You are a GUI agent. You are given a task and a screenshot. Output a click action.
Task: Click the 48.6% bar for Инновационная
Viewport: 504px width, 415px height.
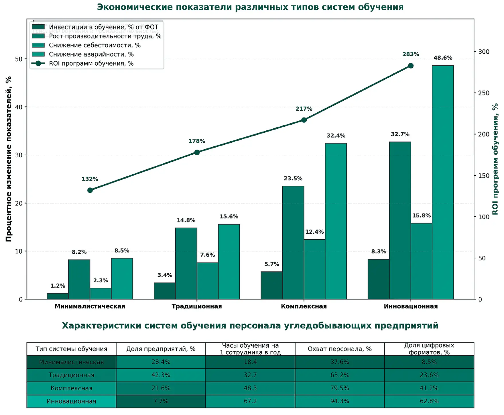click(443, 182)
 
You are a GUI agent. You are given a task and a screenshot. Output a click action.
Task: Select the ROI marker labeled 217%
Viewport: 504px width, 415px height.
click(304, 120)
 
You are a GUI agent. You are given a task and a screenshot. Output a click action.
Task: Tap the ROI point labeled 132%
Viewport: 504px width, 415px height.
click(90, 190)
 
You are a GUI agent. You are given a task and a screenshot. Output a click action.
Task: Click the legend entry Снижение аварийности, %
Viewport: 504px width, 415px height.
click(91, 54)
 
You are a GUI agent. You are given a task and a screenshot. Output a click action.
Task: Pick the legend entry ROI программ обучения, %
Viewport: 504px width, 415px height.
click(91, 64)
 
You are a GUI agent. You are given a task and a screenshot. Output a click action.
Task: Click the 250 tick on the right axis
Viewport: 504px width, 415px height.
click(484, 93)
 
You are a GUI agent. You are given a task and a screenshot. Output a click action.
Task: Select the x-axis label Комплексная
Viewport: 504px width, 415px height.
click(304, 306)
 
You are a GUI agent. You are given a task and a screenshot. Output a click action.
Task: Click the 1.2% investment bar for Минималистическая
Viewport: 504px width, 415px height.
click(58, 296)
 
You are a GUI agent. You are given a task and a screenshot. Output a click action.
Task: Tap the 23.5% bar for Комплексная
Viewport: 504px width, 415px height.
click(293, 242)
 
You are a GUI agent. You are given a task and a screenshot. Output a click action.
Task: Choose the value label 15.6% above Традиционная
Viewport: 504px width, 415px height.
click(229, 217)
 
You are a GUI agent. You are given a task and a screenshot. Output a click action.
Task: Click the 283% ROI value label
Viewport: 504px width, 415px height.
click(410, 54)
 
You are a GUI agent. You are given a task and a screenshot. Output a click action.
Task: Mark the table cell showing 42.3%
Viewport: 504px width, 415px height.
click(161, 375)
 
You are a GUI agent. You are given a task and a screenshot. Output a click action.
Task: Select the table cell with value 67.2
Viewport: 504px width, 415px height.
click(250, 401)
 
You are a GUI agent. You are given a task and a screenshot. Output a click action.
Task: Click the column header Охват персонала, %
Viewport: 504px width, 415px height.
click(339, 349)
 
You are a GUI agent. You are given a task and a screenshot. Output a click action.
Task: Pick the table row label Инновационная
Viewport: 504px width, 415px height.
click(71, 401)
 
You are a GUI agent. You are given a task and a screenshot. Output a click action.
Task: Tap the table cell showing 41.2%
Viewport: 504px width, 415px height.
click(429, 388)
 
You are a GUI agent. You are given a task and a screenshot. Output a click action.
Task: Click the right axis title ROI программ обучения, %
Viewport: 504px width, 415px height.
click(495, 159)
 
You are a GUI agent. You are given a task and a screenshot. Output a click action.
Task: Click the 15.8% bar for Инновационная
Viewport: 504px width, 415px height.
click(421, 261)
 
